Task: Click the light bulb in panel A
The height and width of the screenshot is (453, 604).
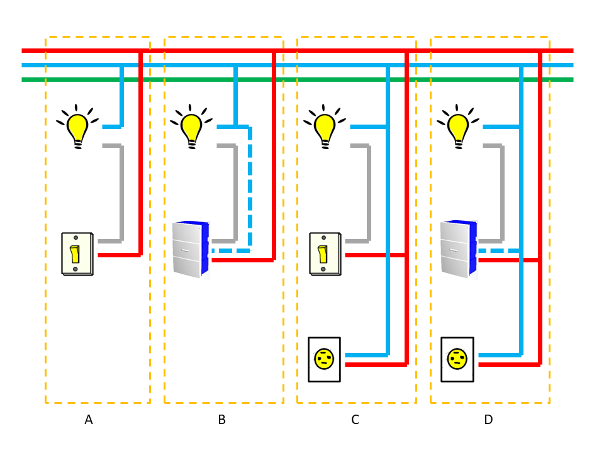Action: click(x=77, y=128)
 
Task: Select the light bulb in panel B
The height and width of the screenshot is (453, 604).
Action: click(x=191, y=128)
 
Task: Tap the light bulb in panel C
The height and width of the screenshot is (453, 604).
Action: click(x=325, y=128)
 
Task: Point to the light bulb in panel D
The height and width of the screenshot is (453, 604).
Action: click(x=458, y=128)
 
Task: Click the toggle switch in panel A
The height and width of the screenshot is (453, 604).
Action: click(x=77, y=254)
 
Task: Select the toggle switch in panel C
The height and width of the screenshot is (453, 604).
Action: click(x=325, y=254)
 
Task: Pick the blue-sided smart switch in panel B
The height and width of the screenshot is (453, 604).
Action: click(x=190, y=249)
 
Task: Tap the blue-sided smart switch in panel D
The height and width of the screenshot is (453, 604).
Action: click(x=458, y=249)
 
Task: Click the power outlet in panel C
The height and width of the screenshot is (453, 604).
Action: click(x=324, y=359)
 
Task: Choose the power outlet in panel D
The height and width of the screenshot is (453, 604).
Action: click(x=457, y=359)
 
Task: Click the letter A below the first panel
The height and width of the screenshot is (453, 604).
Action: click(x=89, y=420)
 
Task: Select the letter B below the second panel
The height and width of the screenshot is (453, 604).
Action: click(x=221, y=420)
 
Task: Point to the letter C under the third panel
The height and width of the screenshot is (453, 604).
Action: click(x=355, y=420)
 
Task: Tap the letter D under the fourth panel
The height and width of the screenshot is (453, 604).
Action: click(x=488, y=420)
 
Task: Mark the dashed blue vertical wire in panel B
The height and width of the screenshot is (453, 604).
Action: click(x=250, y=189)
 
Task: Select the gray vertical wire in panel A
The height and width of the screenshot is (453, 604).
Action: click(x=121, y=193)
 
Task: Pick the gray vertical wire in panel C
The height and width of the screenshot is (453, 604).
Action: click(x=369, y=193)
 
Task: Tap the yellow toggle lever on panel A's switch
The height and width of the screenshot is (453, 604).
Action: click(x=75, y=254)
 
